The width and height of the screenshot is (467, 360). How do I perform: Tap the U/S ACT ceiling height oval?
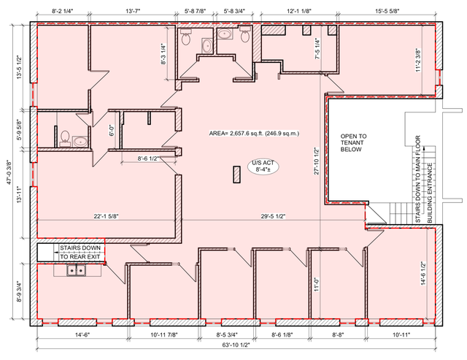(263, 166)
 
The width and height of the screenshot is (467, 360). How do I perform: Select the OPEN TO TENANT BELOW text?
(353, 142)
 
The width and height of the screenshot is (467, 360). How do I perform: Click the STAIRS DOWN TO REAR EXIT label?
(80, 252)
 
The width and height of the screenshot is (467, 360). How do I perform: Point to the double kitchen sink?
(76, 270)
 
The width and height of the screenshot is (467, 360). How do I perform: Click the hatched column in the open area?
(236, 175)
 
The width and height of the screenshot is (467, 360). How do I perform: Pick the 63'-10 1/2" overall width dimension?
(236, 345)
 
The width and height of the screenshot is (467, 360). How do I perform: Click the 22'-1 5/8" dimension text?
(107, 216)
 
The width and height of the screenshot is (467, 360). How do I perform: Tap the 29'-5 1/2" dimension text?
(273, 216)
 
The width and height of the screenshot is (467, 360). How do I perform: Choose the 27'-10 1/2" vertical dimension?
(316, 161)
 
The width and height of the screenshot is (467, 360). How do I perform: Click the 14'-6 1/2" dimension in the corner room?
(423, 273)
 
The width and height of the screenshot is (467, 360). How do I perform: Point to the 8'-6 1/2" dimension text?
(147, 158)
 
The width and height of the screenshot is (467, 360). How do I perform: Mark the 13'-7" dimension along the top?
(133, 11)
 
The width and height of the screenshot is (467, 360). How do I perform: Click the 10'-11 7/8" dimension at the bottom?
(163, 334)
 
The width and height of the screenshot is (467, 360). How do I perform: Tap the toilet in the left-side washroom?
(65, 138)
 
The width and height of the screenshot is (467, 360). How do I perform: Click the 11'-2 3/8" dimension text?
(419, 60)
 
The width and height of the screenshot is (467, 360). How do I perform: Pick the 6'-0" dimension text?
(112, 130)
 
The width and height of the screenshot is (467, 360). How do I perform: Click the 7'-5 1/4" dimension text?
(317, 49)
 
